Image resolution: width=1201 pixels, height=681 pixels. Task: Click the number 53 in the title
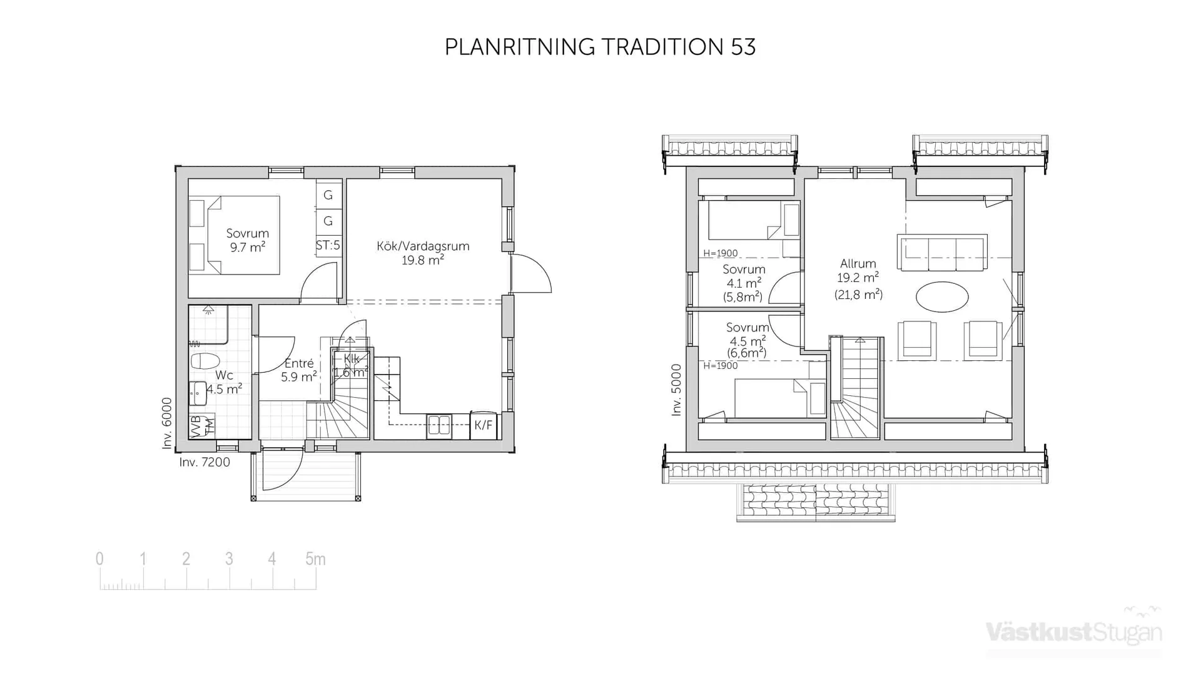pos(742,48)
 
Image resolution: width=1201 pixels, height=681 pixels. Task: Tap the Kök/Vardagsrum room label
pos(423,246)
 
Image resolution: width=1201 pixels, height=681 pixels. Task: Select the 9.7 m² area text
pos(248,248)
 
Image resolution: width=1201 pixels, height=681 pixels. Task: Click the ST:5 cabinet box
pos(328,245)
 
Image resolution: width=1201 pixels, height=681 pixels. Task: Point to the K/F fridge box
pos(483,426)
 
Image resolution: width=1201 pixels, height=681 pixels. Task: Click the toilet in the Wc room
pos(205,361)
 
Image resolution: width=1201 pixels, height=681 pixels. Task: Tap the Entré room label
pos(299,363)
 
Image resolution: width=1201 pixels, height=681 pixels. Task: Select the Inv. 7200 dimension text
pos(205,463)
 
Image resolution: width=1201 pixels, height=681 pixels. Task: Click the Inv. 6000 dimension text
pos(166,423)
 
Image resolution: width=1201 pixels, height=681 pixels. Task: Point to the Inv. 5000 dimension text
pos(676,390)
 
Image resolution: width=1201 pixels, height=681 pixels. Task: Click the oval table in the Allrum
pos(942,296)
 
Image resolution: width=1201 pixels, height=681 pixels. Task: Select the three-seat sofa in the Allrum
pos(942,253)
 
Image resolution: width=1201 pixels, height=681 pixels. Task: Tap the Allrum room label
pos(858,264)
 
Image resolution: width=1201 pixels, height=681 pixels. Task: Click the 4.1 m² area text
pos(744,283)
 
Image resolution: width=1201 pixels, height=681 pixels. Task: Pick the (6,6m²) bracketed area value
pos(746,353)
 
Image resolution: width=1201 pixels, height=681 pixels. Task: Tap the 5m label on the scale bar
pos(315,559)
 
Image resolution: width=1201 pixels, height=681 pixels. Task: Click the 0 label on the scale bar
pos(99,559)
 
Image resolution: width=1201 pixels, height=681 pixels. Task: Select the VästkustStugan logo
pos(1074,632)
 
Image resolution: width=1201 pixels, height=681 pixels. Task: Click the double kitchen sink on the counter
pos(439,426)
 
